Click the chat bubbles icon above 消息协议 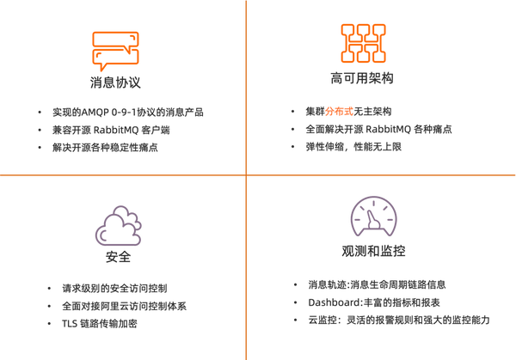(114, 50)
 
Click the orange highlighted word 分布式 (336, 111)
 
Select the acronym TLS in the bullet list (73, 324)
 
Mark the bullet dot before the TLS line (53, 324)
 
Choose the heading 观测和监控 (373, 252)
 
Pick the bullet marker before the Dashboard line (297, 302)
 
